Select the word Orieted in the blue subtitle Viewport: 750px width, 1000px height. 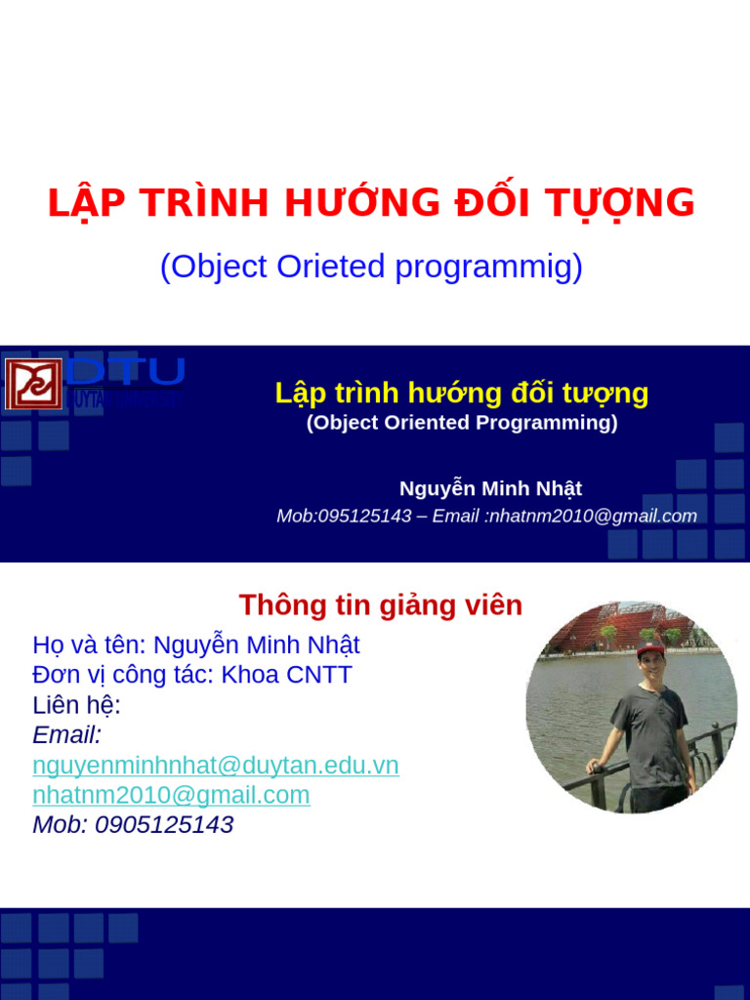(331, 267)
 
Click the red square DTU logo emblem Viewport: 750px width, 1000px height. (33, 384)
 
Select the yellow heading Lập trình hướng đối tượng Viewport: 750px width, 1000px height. (461, 394)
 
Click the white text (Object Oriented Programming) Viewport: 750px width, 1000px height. (461, 423)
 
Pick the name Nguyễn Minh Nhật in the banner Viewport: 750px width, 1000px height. (490, 488)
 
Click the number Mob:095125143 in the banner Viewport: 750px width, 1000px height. (344, 516)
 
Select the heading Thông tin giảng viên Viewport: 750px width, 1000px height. (381, 605)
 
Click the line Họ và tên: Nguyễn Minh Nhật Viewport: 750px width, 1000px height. (196, 646)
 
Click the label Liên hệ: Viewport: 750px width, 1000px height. (76, 705)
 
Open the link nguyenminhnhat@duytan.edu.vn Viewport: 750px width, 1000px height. (216, 766)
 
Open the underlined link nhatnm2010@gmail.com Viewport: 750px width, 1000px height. (171, 795)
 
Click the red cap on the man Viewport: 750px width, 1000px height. (649, 650)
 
